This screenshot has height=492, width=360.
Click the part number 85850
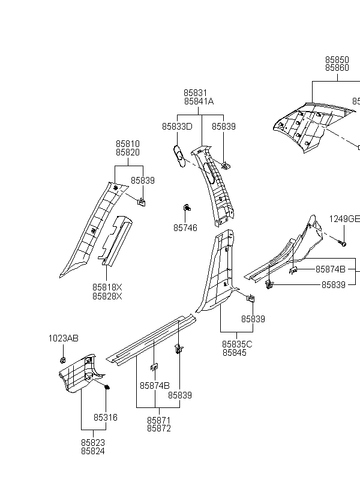pyautogui.click(x=337, y=59)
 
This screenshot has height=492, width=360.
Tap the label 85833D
pyautogui.click(x=177, y=127)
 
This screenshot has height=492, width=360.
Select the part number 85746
pyautogui.click(x=185, y=228)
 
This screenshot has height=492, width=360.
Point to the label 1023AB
pyautogui.click(x=64, y=338)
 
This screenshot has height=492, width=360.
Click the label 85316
pyautogui.click(x=106, y=418)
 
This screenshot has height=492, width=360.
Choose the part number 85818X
pyautogui.click(x=107, y=287)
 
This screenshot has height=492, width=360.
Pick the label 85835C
pyautogui.click(x=237, y=344)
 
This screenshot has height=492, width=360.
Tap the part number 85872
pyautogui.click(x=159, y=428)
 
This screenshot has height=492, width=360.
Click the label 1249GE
pyautogui.click(x=344, y=219)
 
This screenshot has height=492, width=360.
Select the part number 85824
pyautogui.click(x=93, y=451)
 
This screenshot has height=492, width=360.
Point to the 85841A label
pyautogui.click(x=199, y=101)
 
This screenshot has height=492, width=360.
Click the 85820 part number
pyautogui.click(x=128, y=152)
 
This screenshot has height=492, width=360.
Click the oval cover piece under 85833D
pyautogui.click(x=179, y=156)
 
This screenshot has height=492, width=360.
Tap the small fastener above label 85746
pyautogui.click(x=187, y=208)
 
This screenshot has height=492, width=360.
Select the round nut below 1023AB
pyautogui.click(x=62, y=359)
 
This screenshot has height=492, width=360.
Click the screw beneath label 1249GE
pyautogui.click(x=342, y=243)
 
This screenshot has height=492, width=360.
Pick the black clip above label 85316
pyautogui.click(x=107, y=387)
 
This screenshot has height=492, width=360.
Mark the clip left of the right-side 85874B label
pyautogui.click(x=293, y=270)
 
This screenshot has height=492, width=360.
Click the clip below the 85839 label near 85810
pyautogui.click(x=142, y=202)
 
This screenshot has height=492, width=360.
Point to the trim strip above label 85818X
pyautogui.click(x=115, y=241)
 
